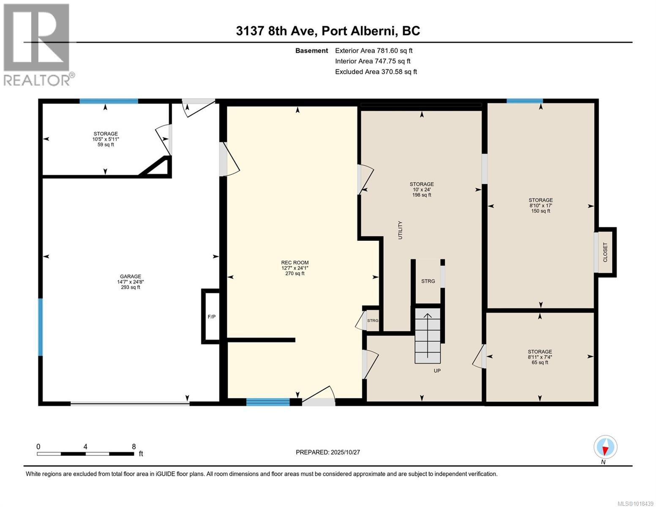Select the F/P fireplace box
211,316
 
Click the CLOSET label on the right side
605,252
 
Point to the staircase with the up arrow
427,335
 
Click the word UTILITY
400,230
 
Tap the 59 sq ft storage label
106,139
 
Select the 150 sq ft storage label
540,205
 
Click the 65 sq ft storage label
539,357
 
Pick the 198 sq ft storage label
421,189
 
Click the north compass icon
605,447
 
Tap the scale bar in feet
86,454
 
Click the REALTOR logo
38,44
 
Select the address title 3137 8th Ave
328,31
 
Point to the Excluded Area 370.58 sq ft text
376,72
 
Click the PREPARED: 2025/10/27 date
327,452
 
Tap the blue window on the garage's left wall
41,327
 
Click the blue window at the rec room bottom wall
268,402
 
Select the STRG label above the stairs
427,281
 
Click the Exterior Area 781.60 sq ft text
373,51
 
